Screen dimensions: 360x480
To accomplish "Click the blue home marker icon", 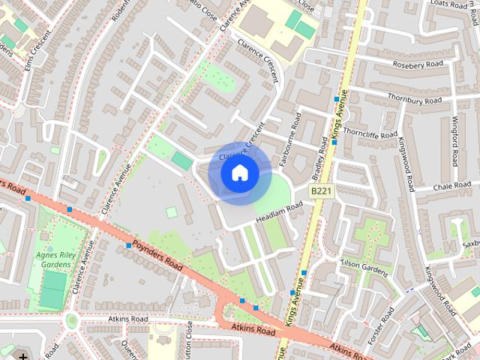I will tap(239, 173).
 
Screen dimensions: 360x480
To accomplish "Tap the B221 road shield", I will tap(321, 192).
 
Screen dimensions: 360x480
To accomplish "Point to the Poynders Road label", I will tap(157, 255).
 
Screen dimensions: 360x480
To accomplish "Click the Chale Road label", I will tap(452, 185).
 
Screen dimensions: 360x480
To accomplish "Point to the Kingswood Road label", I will tap(407, 162).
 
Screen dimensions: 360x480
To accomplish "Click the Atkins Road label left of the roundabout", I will tap(127, 319).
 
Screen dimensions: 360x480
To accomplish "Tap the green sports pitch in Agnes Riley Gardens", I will tap(52, 289).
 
